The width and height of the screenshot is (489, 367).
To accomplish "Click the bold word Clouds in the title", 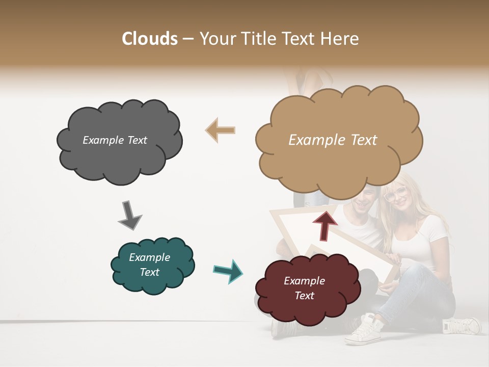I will click(x=150, y=39).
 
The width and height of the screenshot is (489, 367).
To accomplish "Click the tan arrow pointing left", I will click(x=221, y=130).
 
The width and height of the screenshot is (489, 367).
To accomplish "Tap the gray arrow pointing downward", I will click(x=130, y=215).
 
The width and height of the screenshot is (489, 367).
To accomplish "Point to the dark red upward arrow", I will click(x=324, y=225).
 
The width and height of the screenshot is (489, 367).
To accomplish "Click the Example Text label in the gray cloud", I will click(x=115, y=140).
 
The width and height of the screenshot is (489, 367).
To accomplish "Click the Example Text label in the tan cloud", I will click(x=333, y=140).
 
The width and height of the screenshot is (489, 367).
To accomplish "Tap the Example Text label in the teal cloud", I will click(x=149, y=265).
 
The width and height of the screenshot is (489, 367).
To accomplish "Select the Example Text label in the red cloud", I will click(x=304, y=288).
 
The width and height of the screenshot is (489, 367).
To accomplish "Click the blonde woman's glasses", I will click(x=396, y=194).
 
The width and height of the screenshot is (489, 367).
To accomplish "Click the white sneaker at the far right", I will click(x=461, y=326).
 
